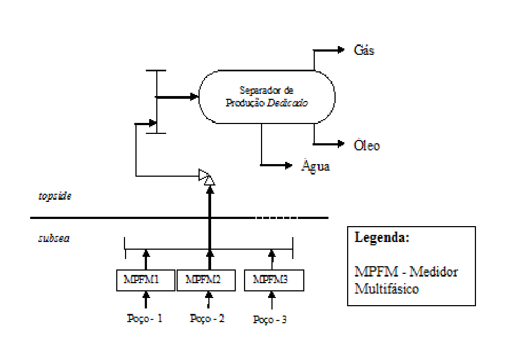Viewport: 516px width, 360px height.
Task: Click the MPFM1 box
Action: tap(146, 280)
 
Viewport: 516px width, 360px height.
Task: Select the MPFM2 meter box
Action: tap(206, 280)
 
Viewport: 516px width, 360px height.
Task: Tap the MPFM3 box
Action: tap(274, 280)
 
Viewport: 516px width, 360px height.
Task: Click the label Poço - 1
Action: tap(145, 318)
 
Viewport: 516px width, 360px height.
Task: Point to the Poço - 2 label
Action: tap(207, 318)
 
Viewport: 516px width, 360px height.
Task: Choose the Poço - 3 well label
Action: tap(270, 319)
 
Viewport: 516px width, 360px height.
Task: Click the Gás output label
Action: tap(364, 50)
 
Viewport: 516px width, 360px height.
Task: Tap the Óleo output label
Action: tap(367, 145)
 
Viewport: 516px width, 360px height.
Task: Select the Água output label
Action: tap(315, 165)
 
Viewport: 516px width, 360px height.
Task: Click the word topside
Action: tap(55, 196)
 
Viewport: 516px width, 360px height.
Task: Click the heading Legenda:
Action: tap(382, 237)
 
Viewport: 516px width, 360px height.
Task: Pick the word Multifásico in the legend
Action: tap(387, 289)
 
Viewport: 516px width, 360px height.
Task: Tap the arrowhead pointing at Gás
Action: tap(341, 50)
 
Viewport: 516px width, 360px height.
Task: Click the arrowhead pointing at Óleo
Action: tap(341, 144)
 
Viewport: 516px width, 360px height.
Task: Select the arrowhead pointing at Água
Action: tap(288, 165)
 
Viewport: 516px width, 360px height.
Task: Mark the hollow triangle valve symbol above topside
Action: tap(207, 177)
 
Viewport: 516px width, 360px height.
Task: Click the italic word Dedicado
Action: tap(287, 103)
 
